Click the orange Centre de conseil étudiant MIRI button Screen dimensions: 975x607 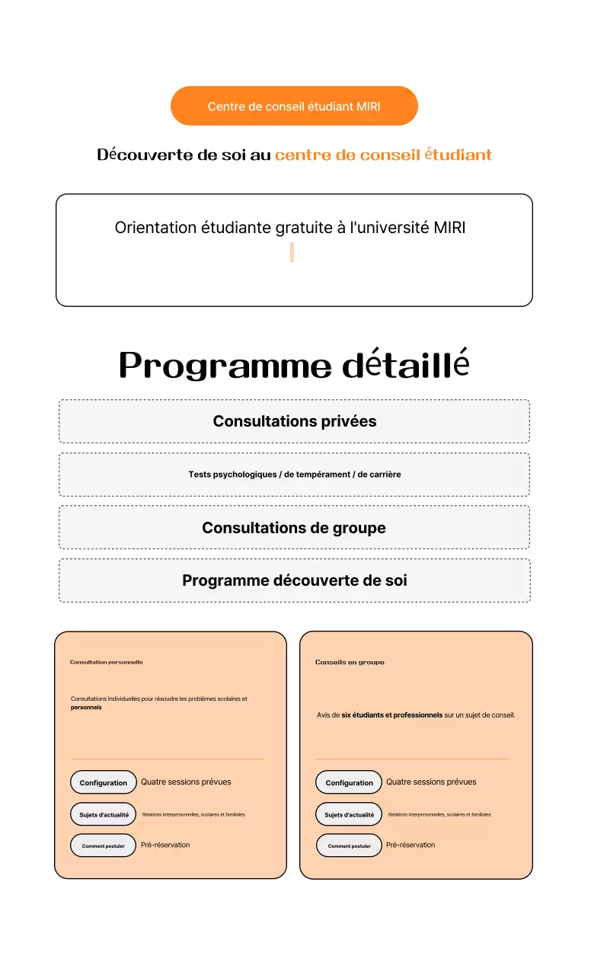(294, 106)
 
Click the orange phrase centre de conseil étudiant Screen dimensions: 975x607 (383, 155)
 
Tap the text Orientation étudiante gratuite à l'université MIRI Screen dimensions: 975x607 (290, 228)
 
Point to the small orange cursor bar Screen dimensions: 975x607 (292, 252)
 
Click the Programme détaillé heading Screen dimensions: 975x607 (294, 365)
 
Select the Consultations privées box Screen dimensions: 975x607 (294, 421)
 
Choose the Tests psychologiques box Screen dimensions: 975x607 (294, 475)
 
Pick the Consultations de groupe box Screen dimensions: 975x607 (294, 528)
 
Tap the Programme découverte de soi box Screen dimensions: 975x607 (294, 580)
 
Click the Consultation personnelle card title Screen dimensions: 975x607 (107, 662)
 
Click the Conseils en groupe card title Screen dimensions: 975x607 (350, 662)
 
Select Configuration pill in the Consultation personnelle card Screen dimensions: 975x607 (104, 782)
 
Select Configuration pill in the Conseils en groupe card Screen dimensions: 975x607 (349, 782)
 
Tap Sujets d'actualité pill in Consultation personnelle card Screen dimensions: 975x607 (104, 814)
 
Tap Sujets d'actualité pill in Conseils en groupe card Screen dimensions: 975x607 (349, 814)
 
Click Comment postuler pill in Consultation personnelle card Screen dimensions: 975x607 (104, 846)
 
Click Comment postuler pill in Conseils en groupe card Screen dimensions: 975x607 (349, 846)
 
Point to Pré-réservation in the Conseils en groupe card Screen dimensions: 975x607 (411, 845)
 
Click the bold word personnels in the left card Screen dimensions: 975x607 (86, 708)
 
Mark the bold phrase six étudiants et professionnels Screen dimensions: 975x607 (391, 715)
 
